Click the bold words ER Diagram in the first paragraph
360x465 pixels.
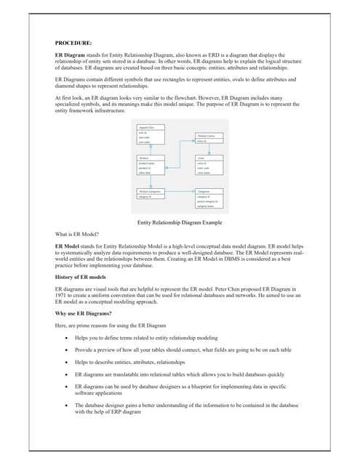71,55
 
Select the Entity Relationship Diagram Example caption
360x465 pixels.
180,222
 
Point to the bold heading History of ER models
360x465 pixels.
81,277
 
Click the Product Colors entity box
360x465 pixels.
209,139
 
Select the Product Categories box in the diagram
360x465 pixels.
151,193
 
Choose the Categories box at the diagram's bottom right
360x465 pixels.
209,198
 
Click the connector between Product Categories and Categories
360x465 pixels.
180,193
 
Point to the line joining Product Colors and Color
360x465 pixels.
209,149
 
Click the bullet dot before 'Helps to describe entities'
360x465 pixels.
68,361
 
